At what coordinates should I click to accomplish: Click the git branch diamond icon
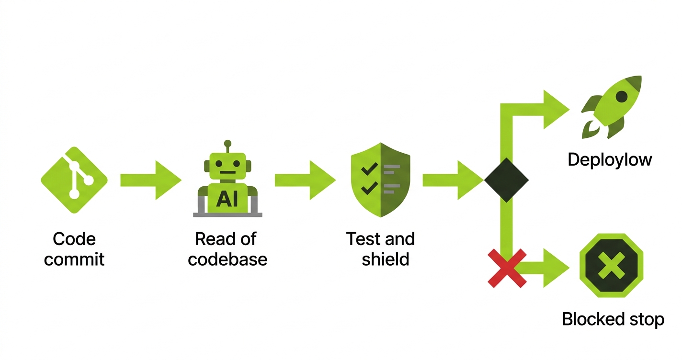[74, 180]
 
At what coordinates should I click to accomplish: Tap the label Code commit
[74, 249]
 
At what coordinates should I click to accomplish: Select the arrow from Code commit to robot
[151, 180]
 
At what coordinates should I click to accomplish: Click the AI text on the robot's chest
[227, 198]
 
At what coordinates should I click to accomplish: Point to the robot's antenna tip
[227, 143]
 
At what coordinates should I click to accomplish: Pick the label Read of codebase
[227, 249]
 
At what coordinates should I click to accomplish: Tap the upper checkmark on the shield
[369, 169]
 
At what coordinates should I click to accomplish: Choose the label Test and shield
[381, 249]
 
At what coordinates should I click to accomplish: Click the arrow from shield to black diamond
[453, 180]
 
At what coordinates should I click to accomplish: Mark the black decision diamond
[506, 180]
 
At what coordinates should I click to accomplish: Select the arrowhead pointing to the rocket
[556, 110]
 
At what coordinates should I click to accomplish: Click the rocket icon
[612, 106]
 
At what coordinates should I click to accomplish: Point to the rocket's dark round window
[622, 97]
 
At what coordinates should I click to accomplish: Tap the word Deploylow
[610, 159]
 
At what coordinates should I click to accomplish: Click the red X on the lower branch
[507, 268]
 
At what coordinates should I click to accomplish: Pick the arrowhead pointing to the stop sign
[556, 268]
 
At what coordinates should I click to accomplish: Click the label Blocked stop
[613, 319]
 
